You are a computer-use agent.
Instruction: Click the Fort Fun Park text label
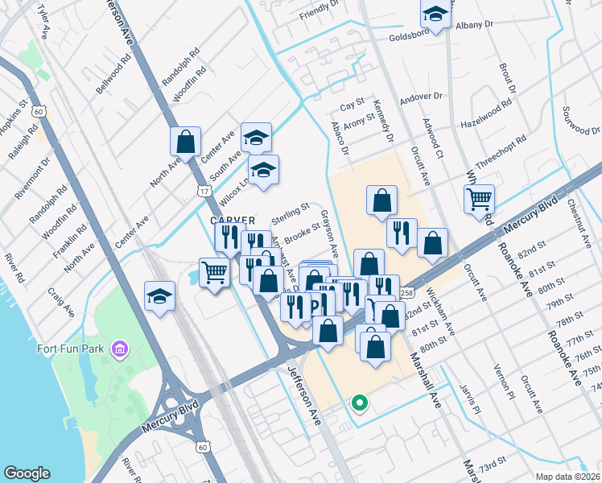73,349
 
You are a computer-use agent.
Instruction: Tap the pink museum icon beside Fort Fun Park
120,349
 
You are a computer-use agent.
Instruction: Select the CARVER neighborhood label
233,220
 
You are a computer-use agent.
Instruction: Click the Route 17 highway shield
204,190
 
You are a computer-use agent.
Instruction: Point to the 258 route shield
406,293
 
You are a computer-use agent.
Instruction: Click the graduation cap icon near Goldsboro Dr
435,14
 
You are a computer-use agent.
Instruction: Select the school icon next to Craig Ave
159,296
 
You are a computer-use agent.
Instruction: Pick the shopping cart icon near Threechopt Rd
479,198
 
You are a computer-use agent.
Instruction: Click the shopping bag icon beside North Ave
185,142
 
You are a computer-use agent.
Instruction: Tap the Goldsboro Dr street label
412,37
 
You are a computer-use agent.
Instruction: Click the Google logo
27,473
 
